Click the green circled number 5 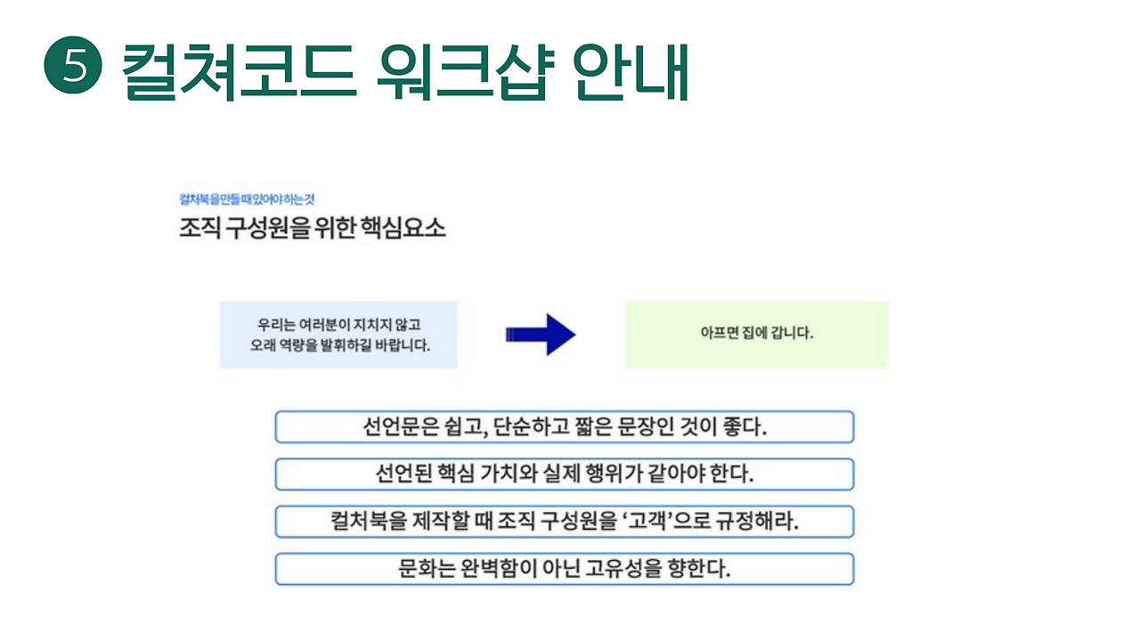tap(73, 68)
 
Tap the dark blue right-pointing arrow tap(541, 335)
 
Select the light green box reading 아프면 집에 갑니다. tap(757, 335)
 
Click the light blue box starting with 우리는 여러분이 tap(338, 335)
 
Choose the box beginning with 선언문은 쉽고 tap(564, 426)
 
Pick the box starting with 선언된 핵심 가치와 tap(564, 474)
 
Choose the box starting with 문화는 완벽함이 tap(564, 569)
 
